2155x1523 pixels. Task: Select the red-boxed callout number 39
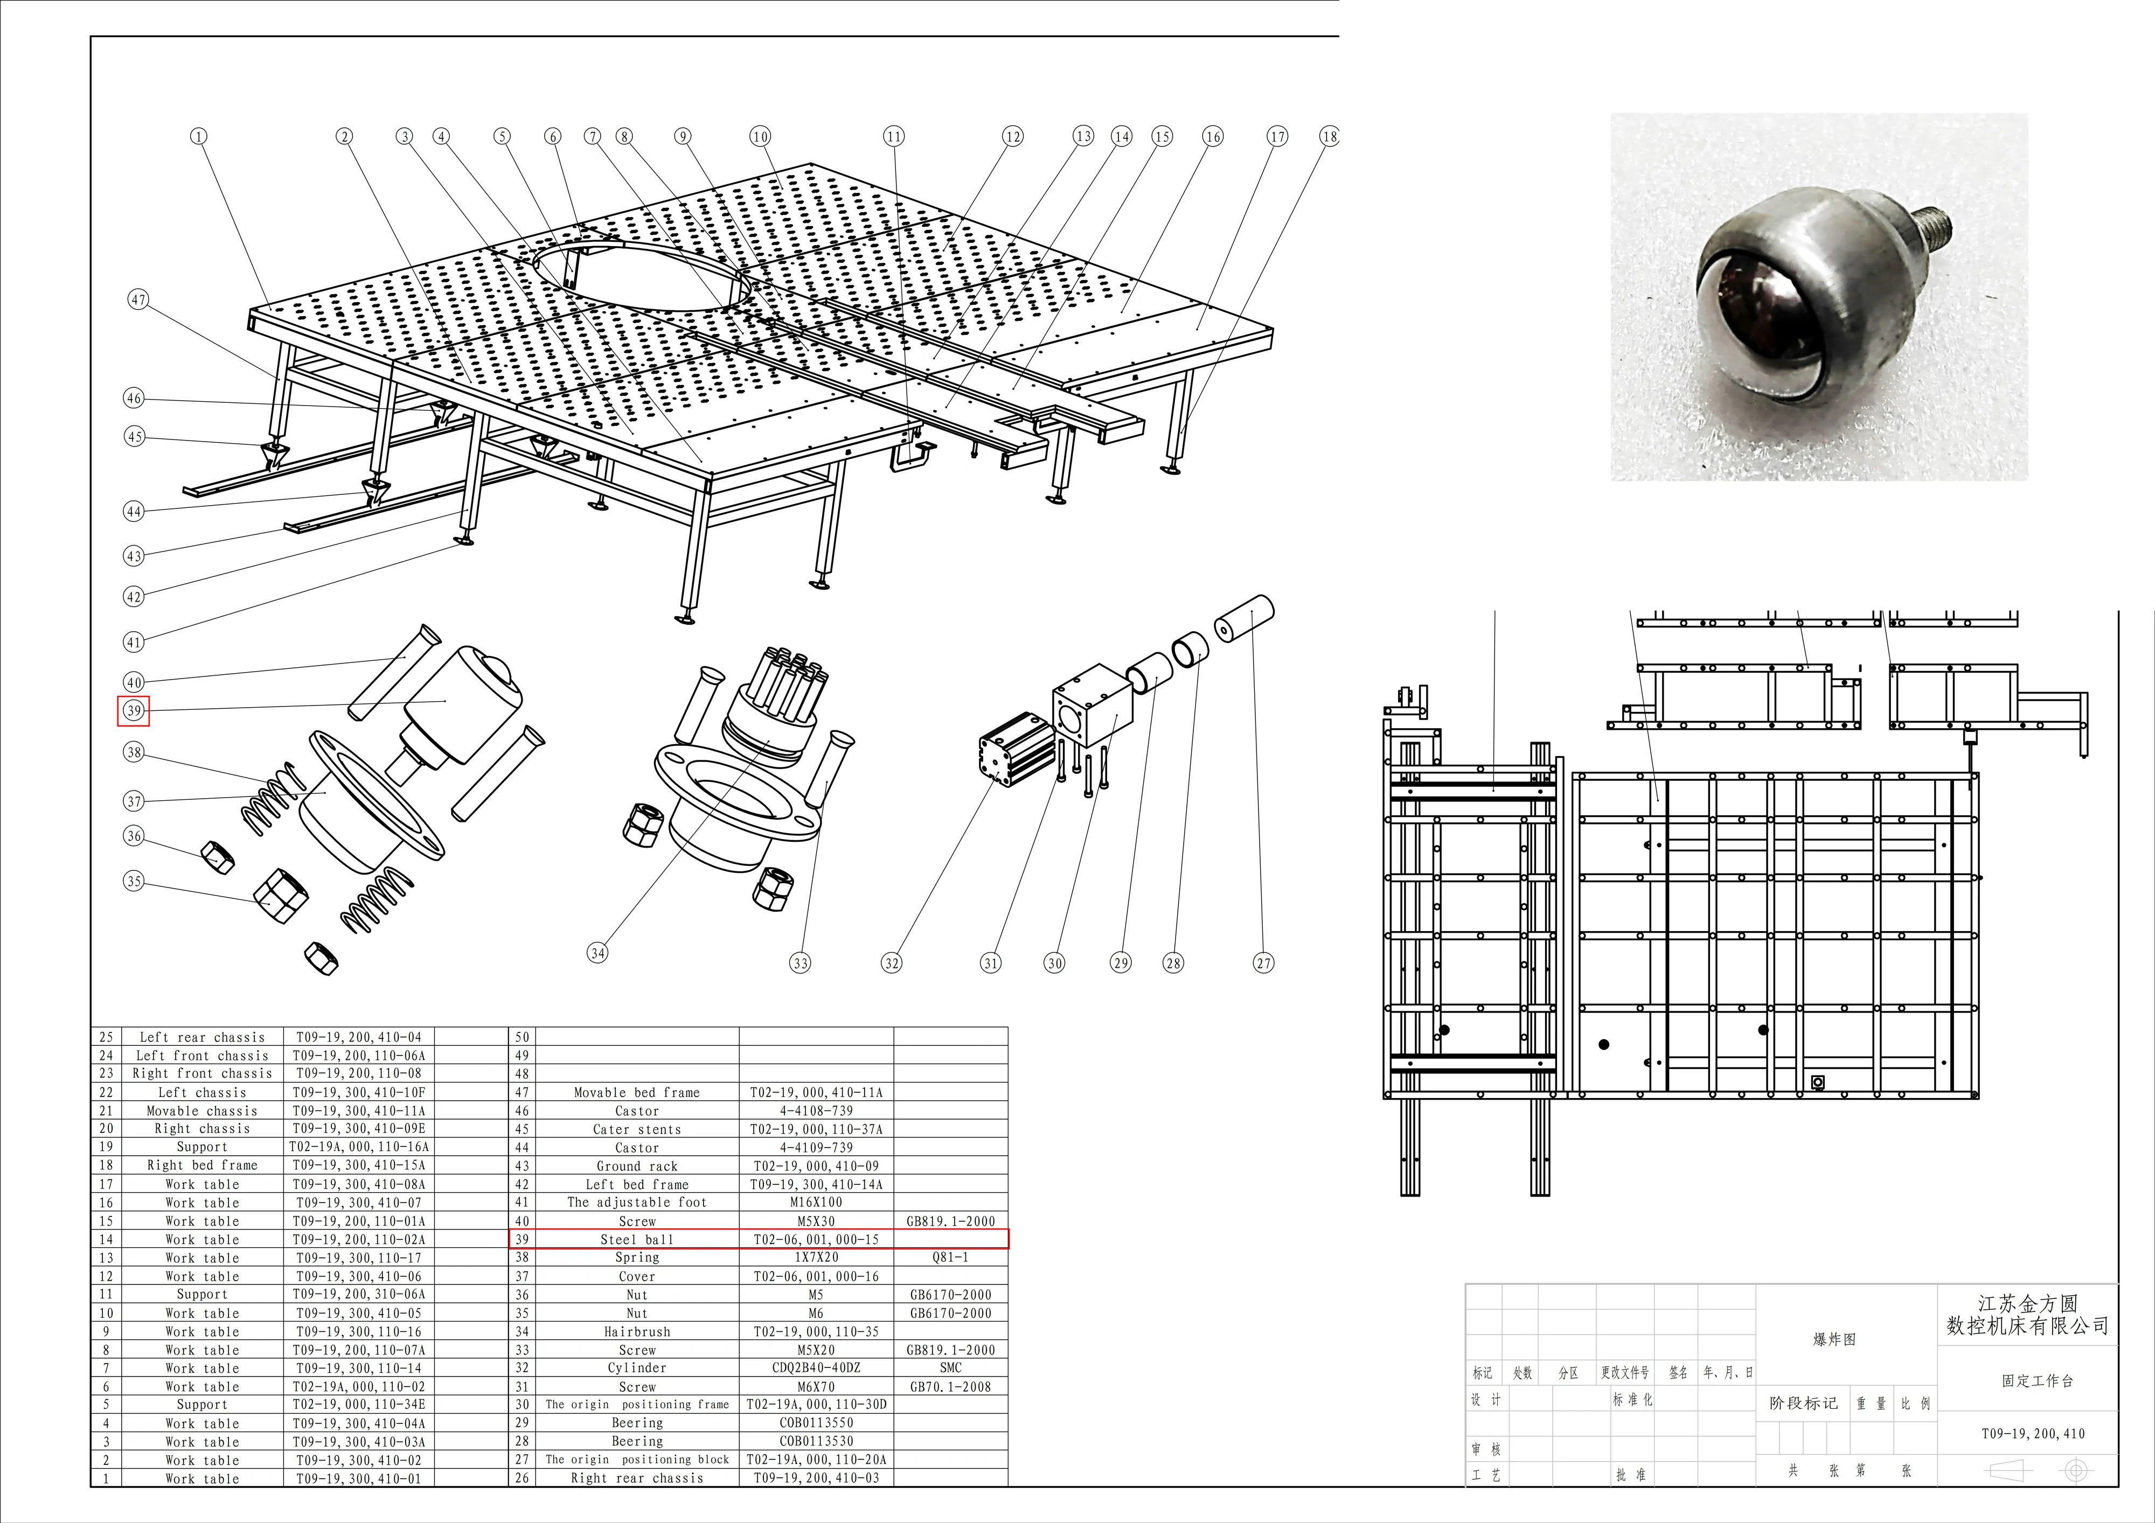[133, 710]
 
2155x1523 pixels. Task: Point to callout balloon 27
[1263, 963]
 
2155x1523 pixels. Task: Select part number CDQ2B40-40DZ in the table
[816, 1368]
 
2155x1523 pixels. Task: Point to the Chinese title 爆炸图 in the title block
[1834, 1339]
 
